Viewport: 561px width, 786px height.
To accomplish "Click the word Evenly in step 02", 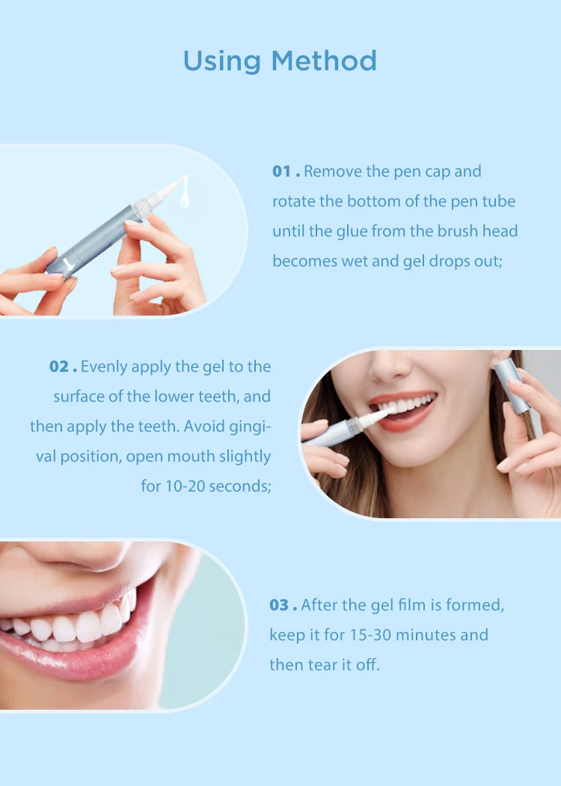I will pyautogui.click(x=104, y=366).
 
